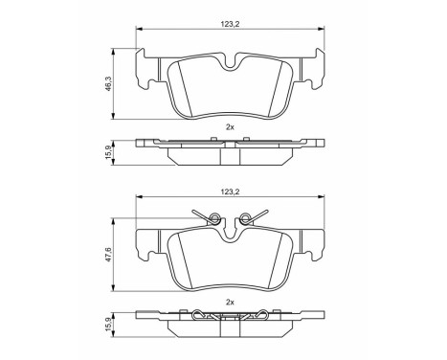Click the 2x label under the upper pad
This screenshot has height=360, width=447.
coord(229,126)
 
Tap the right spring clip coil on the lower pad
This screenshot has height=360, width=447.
coord(245,217)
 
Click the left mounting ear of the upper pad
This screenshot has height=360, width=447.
coord(149,69)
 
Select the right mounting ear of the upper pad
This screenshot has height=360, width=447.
coord(310,69)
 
